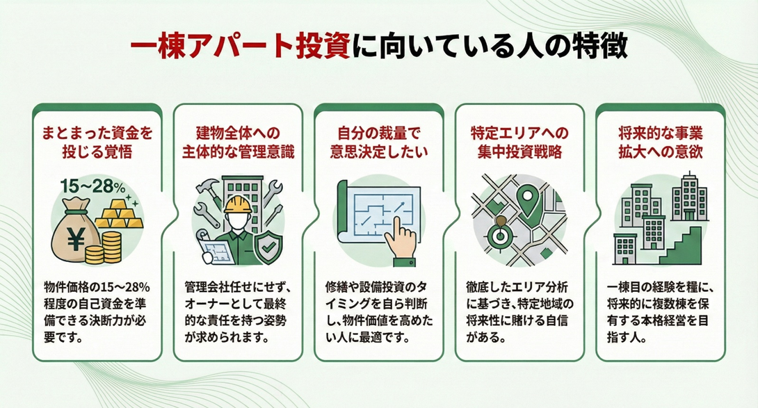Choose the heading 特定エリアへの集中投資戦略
coord(519,142)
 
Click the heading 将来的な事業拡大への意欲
coord(660,142)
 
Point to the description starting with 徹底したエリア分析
coord(519,313)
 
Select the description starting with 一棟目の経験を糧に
coord(660,313)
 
